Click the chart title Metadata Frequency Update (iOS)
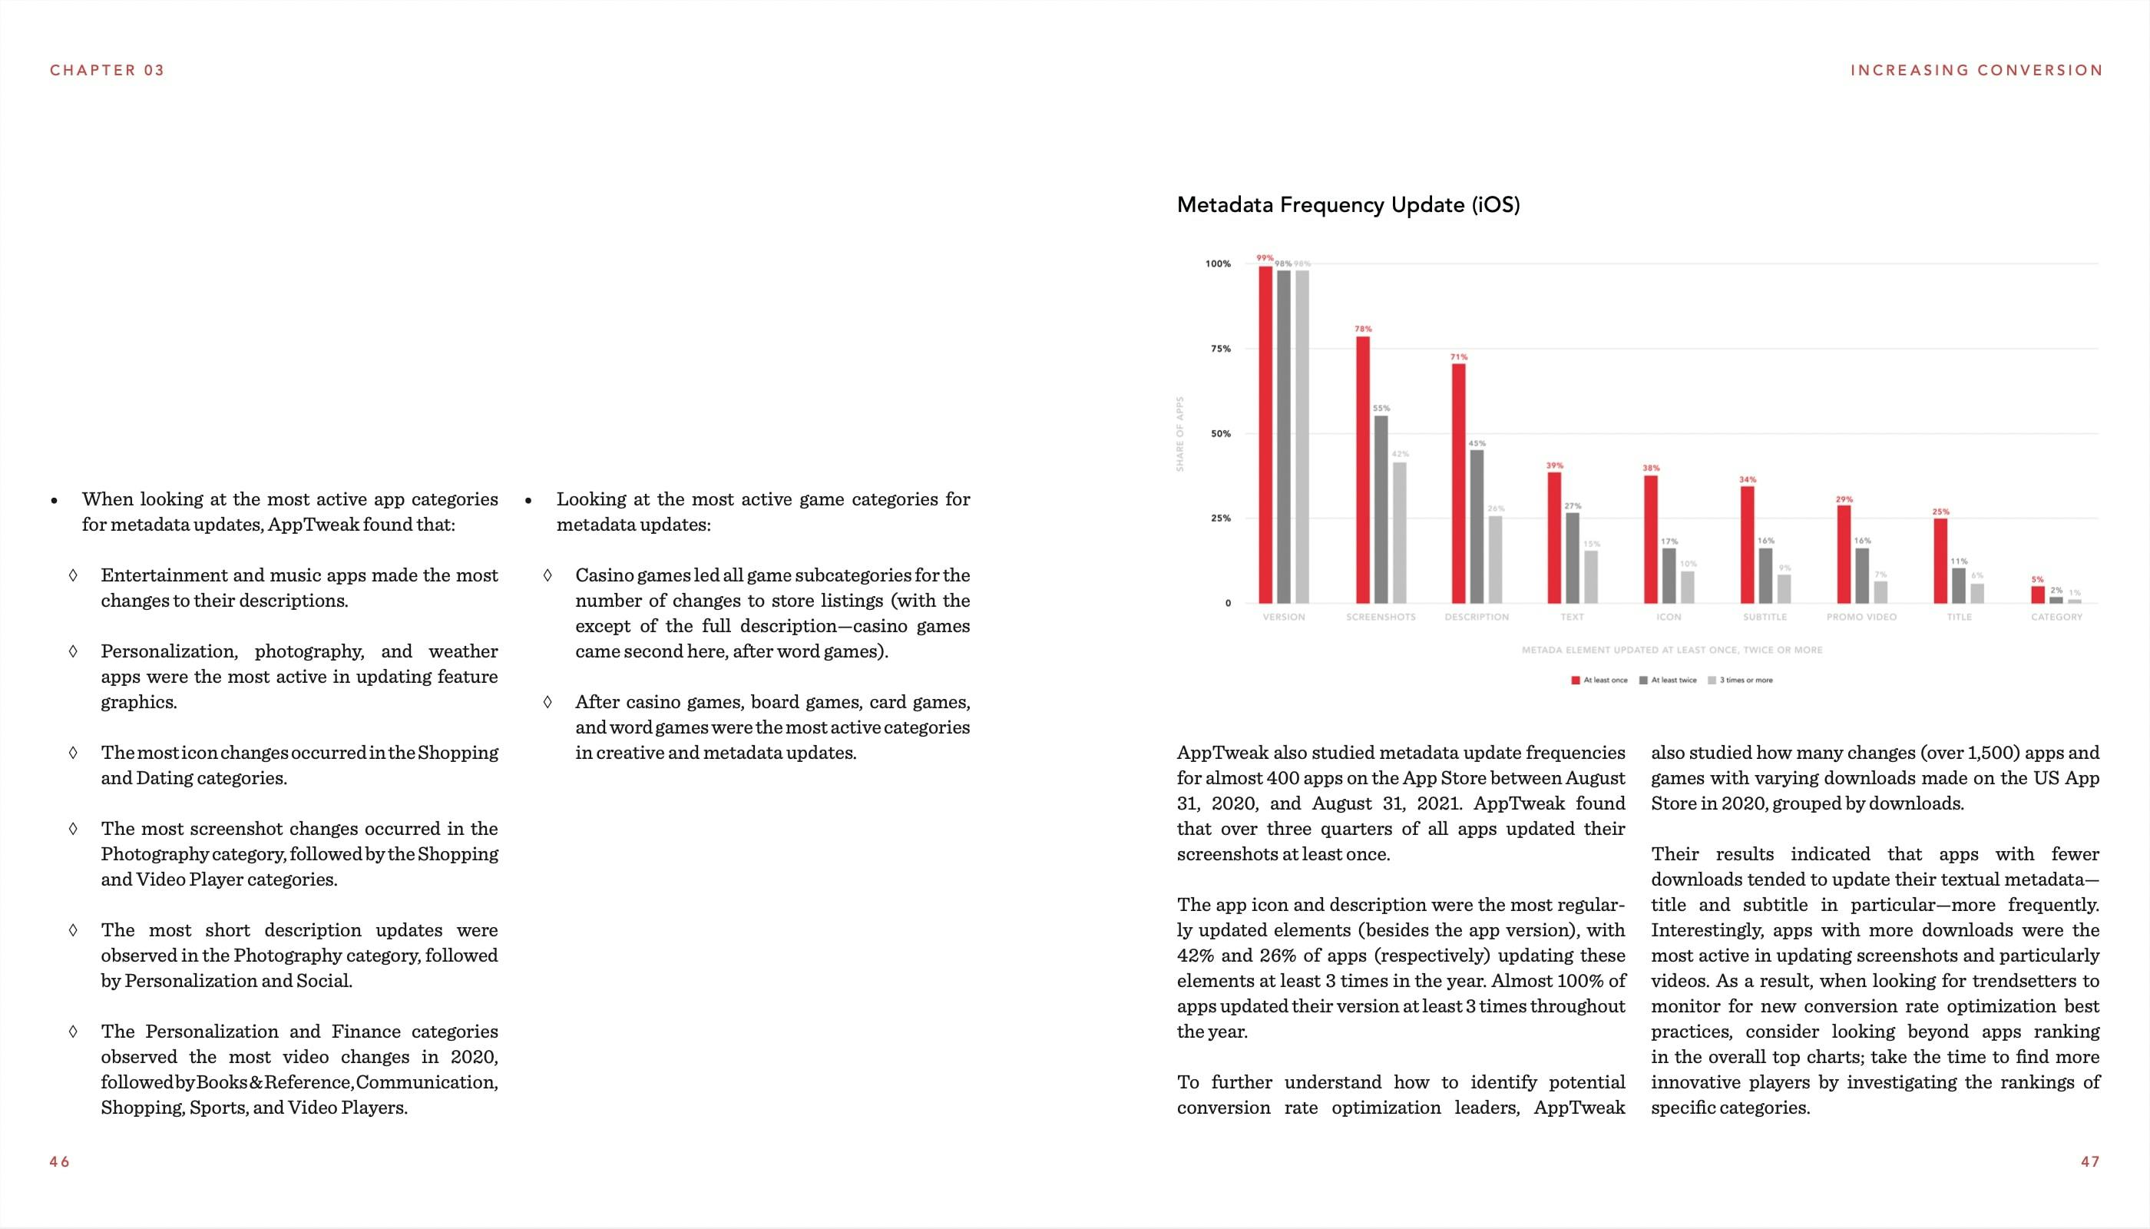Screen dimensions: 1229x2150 click(x=1348, y=205)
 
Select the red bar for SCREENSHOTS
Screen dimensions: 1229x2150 click(x=1363, y=469)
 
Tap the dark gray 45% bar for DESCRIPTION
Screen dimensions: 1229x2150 click(x=1477, y=526)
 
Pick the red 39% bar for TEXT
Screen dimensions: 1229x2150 click(x=1554, y=537)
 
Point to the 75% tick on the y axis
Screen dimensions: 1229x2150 click(x=1220, y=349)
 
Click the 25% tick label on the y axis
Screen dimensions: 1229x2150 click(x=1220, y=518)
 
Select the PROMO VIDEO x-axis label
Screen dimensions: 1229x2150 click(x=1861, y=617)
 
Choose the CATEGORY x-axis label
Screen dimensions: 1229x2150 click(x=2056, y=617)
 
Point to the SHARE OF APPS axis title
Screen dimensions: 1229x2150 click(x=1180, y=434)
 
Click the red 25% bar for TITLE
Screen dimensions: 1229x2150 click(x=1940, y=561)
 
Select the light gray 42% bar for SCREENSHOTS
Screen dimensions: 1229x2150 click(x=1399, y=532)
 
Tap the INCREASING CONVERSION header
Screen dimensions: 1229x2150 click(x=1976, y=70)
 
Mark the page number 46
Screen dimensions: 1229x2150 click(x=59, y=1161)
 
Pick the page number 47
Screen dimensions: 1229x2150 click(x=2089, y=1161)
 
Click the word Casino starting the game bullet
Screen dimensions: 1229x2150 click(x=604, y=575)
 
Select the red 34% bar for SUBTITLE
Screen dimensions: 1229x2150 click(x=1748, y=545)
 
